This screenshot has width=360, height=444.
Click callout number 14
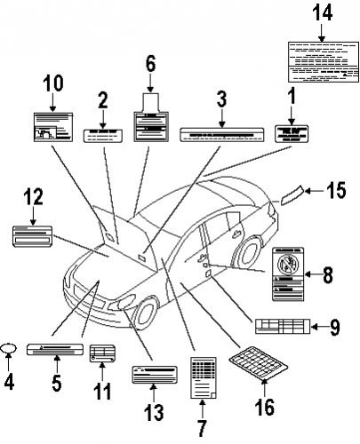click(321, 12)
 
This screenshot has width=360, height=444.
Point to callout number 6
click(150, 63)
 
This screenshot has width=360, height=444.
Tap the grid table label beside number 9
click(283, 327)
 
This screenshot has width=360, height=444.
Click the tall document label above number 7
click(203, 378)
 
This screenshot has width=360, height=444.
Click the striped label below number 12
click(33, 236)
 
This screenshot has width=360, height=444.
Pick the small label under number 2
click(103, 135)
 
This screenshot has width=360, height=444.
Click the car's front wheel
click(144, 312)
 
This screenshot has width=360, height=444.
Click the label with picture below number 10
click(52, 128)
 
